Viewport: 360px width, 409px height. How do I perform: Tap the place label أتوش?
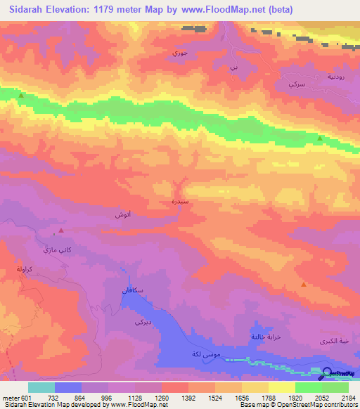tap(124, 214)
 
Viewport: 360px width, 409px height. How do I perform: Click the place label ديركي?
tap(141, 323)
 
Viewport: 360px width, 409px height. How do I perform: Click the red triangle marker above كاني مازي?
tap(61, 231)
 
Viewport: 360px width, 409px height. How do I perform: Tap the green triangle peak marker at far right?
tap(321, 138)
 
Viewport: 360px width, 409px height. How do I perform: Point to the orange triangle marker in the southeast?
tap(303, 285)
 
